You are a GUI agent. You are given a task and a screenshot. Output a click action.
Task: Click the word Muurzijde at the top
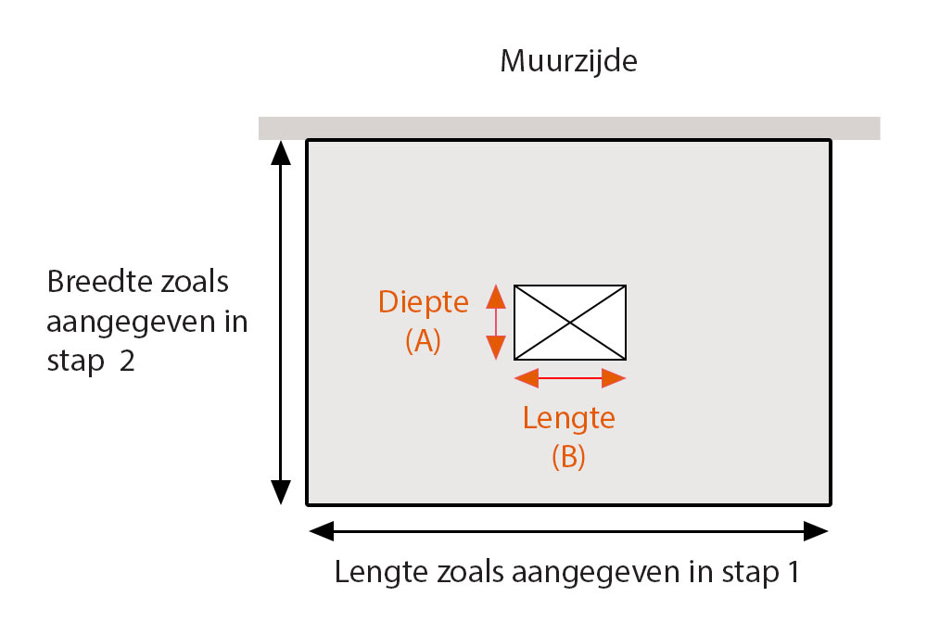569,62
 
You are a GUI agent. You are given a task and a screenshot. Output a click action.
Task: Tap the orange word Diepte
424,302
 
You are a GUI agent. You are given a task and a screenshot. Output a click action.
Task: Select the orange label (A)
423,340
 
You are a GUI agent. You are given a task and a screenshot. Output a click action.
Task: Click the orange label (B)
568,456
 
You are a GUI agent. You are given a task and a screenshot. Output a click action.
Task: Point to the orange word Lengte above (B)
568,417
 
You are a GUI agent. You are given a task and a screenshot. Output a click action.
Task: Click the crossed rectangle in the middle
570,322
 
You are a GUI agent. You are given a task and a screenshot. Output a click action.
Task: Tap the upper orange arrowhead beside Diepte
496,297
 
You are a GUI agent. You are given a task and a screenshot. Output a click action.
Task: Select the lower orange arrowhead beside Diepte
496,347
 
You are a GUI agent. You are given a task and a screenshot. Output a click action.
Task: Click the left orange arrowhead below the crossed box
526,377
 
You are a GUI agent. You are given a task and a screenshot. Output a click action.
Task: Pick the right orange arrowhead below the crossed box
614,377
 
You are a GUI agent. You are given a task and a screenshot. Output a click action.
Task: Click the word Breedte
91,281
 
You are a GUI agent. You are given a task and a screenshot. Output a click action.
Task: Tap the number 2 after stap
126,361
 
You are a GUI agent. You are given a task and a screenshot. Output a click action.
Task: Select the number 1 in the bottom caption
791,572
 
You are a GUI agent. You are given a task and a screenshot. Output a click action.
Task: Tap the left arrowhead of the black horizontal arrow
322,531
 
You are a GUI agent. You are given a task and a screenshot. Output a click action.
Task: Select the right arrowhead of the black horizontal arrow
816,531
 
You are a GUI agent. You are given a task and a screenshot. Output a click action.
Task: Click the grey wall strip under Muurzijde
569,127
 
